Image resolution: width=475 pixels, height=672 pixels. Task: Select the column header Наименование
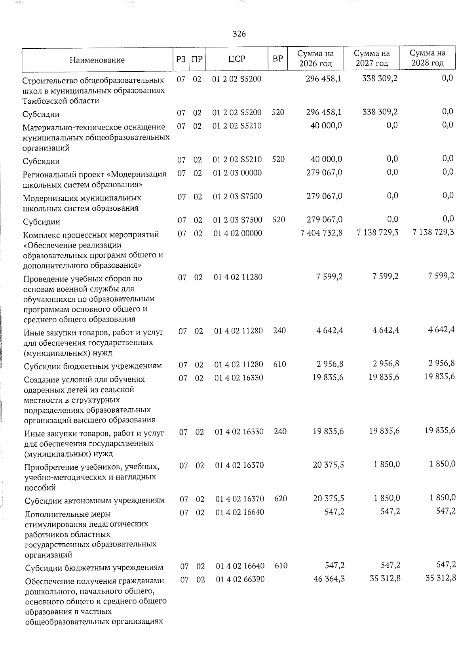pyautogui.click(x=97, y=60)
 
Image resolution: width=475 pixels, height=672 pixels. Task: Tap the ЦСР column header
pyautogui.click(x=237, y=59)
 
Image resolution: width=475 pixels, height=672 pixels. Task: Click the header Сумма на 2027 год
pyautogui.click(x=372, y=58)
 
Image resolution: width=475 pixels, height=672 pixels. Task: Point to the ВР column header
pyautogui.click(x=278, y=59)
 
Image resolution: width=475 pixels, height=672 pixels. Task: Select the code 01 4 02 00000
pyautogui.click(x=237, y=233)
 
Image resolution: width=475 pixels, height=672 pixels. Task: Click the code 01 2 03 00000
pyautogui.click(x=237, y=173)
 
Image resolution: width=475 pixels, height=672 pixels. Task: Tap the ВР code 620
pyautogui.click(x=280, y=498)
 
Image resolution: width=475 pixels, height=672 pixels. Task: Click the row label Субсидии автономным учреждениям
pyautogui.click(x=95, y=501)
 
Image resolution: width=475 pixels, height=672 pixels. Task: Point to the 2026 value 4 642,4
pyautogui.click(x=329, y=330)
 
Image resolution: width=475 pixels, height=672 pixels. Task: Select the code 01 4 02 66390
pyautogui.click(x=240, y=579)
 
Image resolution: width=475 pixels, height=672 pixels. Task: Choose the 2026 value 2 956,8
pyautogui.click(x=330, y=364)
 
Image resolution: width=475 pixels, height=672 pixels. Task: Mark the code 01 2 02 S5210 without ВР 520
pyautogui.click(x=237, y=126)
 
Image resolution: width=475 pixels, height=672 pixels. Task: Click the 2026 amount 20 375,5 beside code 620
pyautogui.click(x=328, y=498)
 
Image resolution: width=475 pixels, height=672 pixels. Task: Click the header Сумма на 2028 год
pyautogui.click(x=427, y=58)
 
